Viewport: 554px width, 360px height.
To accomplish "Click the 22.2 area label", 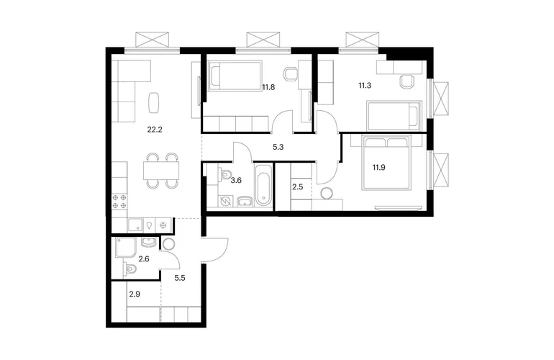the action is (155, 130).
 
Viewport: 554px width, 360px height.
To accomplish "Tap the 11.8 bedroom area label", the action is (268, 87).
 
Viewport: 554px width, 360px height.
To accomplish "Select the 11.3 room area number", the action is (365, 85).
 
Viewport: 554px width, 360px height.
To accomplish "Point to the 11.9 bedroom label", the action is (378, 167).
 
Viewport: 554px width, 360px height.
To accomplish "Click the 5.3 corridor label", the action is (278, 147).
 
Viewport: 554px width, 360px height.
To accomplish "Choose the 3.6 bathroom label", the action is (236, 180).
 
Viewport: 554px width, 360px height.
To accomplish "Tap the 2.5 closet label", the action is (297, 187).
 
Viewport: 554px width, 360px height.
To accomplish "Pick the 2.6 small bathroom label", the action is (144, 259).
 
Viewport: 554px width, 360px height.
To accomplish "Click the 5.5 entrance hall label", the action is (180, 278).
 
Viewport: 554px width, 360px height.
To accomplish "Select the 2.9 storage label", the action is (135, 294).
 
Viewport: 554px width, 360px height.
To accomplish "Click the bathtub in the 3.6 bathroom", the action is (263, 184).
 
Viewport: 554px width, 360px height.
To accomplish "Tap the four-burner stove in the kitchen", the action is (119, 202).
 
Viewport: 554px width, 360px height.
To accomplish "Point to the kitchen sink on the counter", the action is (135, 225).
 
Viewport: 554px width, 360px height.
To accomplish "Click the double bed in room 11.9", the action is (386, 163).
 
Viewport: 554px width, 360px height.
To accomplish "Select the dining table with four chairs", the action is (161, 171).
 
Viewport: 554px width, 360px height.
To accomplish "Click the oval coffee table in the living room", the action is (154, 102).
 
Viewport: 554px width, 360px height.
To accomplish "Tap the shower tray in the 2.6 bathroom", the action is (125, 247).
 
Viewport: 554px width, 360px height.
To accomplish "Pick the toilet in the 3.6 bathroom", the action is (224, 174).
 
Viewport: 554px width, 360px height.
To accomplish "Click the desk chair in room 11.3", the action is (407, 81).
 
